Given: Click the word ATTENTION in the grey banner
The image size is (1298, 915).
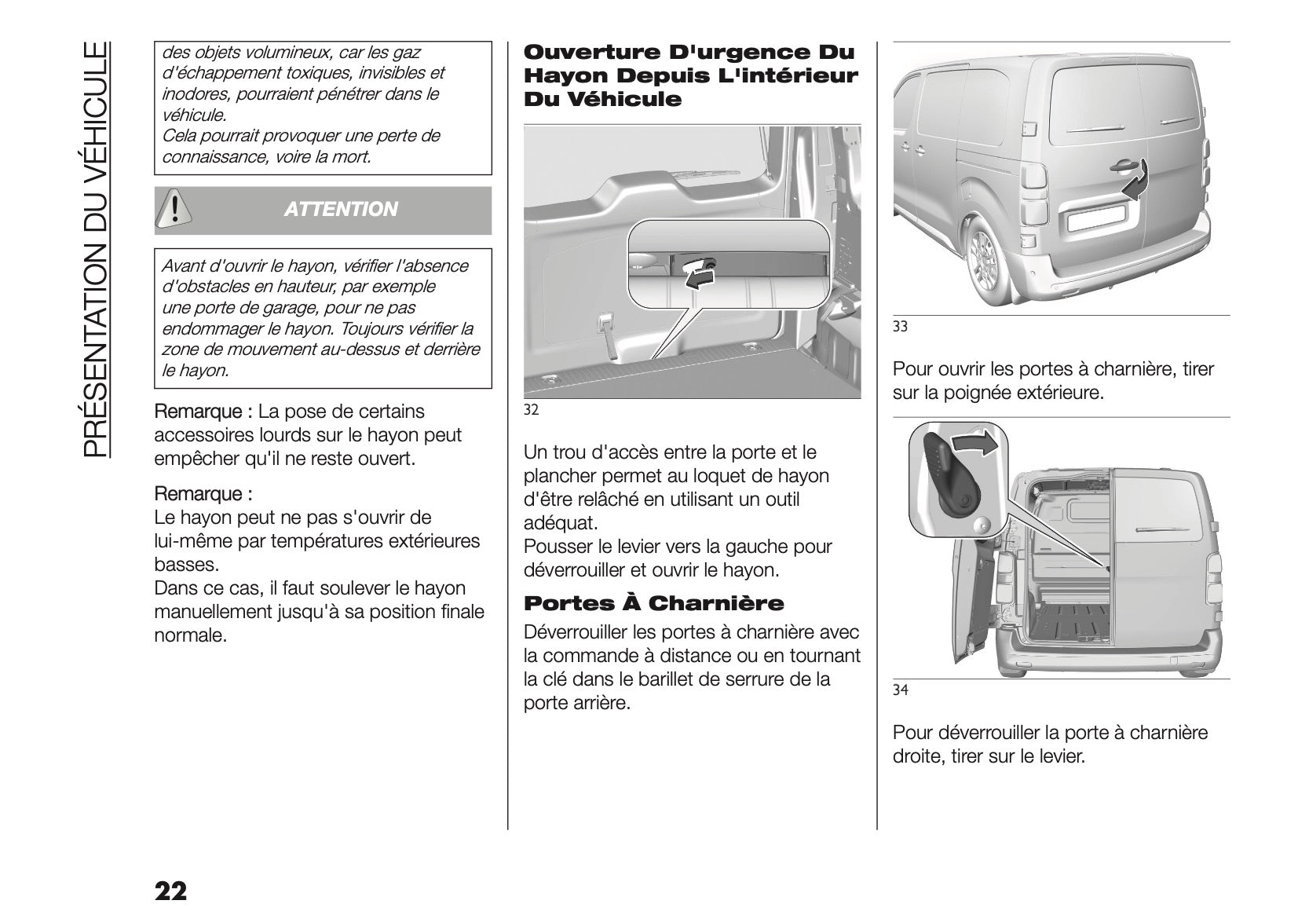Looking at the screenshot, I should tap(341, 210).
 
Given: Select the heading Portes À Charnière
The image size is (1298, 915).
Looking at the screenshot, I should tap(653, 604).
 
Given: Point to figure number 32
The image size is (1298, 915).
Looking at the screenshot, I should tap(531, 410).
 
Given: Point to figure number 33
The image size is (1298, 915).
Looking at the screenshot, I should tap(900, 327).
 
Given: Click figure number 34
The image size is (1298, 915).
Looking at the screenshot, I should tap(901, 690).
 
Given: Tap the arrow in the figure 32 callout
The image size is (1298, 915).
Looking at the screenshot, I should tap(696, 274).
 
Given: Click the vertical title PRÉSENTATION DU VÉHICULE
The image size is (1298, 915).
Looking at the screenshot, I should tap(95, 249).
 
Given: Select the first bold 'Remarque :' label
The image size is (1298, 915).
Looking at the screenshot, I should tap(203, 412).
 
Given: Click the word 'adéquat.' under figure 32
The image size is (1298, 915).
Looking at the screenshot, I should tap(560, 522).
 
